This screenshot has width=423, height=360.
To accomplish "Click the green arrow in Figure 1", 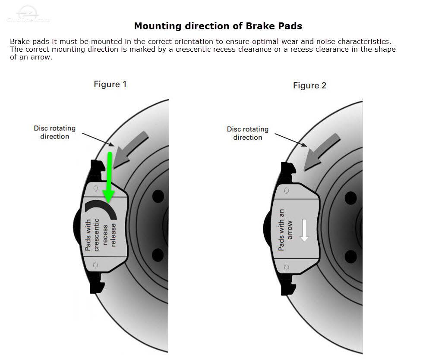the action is [x=109, y=176].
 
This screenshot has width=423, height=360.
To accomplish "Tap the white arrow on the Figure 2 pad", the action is [x=304, y=230].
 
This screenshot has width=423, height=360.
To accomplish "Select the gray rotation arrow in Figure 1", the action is [x=130, y=150].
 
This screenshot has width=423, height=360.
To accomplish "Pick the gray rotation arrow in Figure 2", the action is [x=322, y=152].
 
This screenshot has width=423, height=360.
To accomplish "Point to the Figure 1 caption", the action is [x=110, y=85].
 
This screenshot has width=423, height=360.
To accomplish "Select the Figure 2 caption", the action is [x=310, y=86].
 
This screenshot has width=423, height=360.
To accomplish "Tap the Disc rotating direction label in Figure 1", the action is [x=55, y=132].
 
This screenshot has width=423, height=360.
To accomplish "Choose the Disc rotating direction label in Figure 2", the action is [x=248, y=133].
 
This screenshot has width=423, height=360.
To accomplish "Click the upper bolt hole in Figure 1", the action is [x=158, y=196].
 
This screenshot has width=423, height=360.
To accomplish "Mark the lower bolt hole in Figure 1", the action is [x=158, y=255].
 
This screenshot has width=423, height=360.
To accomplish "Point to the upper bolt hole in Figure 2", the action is [x=350, y=198].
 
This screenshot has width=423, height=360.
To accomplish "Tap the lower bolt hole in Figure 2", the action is [x=350, y=257].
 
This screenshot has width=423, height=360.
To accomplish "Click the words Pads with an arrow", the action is [x=285, y=230].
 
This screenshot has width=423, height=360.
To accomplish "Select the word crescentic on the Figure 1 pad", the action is [x=96, y=235].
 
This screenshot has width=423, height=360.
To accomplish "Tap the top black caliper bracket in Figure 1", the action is [x=98, y=170].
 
